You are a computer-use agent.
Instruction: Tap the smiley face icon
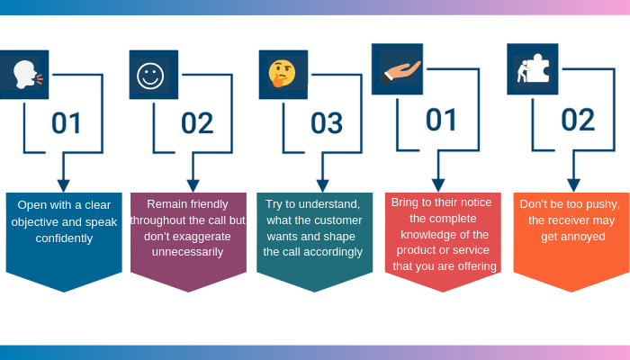(151, 75)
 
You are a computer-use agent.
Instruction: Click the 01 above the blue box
(67, 122)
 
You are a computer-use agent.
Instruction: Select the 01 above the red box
(441, 119)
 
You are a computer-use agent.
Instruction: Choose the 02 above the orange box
(577, 119)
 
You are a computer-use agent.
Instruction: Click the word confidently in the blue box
(63, 238)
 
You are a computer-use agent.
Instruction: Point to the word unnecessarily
(187, 253)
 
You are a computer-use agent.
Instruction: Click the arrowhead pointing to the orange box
(573, 184)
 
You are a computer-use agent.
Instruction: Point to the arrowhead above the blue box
(63, 184)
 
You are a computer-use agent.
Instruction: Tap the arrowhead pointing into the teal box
(322, 184)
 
